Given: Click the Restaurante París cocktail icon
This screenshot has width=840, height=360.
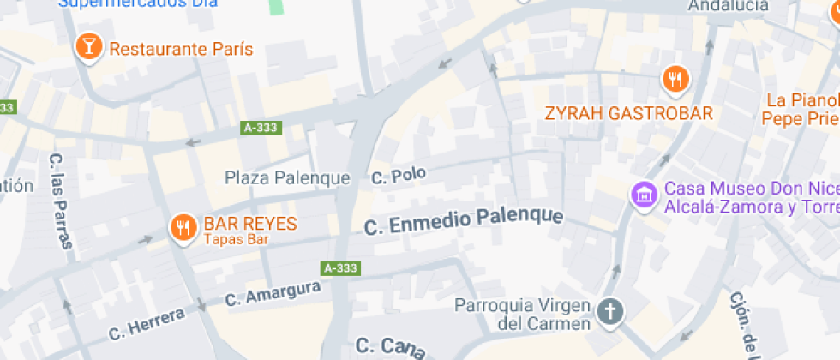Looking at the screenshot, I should pyautogui.click(x=87, y=46).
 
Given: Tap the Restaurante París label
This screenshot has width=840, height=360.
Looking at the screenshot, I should pyautogui.click(x=171, y=49).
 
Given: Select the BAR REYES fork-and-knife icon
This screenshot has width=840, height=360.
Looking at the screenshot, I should pyautogui.click(x=182, y=227).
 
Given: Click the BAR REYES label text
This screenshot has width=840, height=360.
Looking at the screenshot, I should pyautogui.click(x=250, y=225).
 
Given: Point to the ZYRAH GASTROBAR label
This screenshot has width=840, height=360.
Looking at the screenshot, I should pyautogui.click(x=629, y=114).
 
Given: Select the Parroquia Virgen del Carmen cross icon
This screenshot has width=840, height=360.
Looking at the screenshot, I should pyautogui.click(x=610, y=311).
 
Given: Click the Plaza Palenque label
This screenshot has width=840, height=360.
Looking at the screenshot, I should pyautogui.click(x=287, y=178).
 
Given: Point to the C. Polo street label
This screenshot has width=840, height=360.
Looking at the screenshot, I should pyautogui.click(x=398, y=176).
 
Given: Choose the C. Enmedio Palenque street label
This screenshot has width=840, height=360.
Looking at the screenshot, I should pyautogui.click(x=464, y=220).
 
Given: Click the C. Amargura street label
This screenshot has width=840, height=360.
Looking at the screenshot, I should pyautogui.click(x=273, y=295).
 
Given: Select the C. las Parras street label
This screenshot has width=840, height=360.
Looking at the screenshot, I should pyautogui.click(x=58, y=201).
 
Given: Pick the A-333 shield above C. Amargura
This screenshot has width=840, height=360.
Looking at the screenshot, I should pyautogui.click(x=340, y=268).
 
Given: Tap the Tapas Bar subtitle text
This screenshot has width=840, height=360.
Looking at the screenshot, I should pyautogui.click(x=236, y=240).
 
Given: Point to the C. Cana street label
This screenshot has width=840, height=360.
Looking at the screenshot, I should pyautogui.click(x=391, y=347).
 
